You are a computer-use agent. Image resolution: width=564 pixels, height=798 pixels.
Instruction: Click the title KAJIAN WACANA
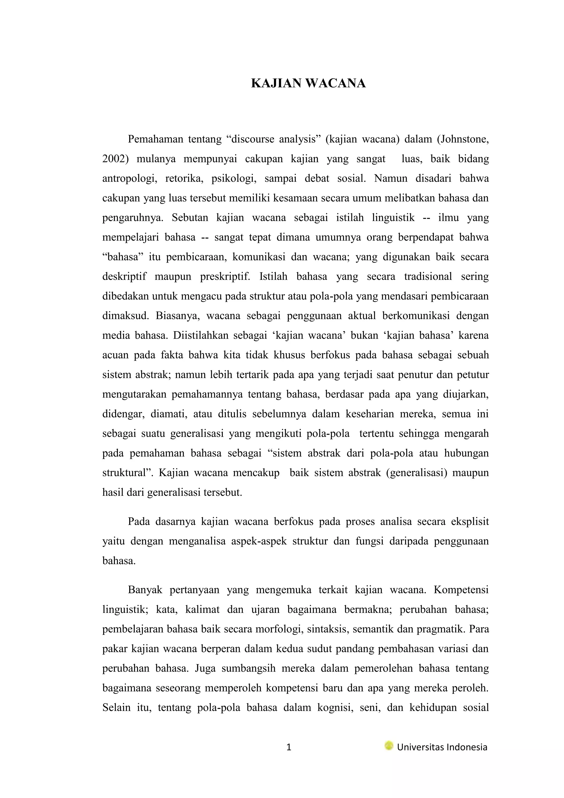[308, 84]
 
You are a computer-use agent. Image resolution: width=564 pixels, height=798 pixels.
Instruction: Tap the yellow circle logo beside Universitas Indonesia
[389, 746]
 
